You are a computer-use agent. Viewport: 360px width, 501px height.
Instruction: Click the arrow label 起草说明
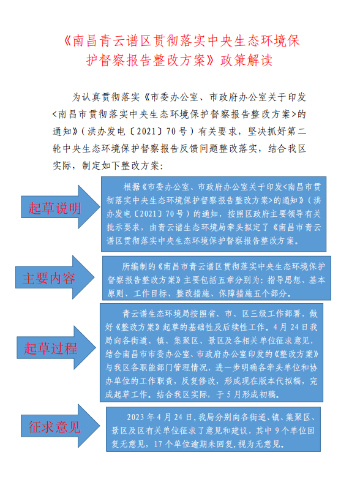pos(54,208)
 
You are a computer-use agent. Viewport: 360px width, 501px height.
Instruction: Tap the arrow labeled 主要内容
pos(49,278)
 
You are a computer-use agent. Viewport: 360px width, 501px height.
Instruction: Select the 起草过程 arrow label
pos(50,348)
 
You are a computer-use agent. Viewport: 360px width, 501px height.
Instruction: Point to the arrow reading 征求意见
pos(54,427)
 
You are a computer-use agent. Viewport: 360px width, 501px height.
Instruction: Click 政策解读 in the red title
pos(246,60)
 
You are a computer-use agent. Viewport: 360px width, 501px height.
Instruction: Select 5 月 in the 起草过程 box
pos(233,394)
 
